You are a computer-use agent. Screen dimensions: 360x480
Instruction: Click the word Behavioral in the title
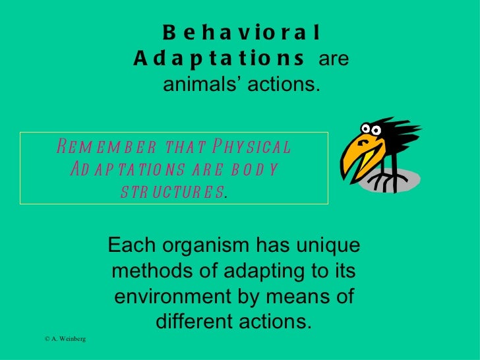[x=241, y=32]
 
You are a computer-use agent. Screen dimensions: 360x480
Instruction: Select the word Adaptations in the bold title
[x=219, y=60]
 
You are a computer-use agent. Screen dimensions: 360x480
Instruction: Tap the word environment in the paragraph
[x=173, y=296]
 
